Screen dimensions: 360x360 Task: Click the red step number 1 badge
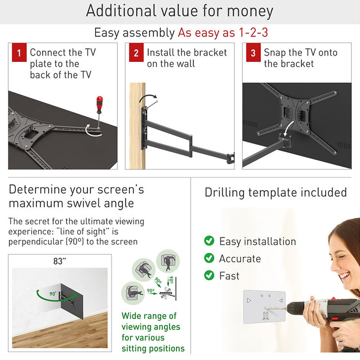[19, 52]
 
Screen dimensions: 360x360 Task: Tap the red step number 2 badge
[136, 52]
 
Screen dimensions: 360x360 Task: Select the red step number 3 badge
[253, 52]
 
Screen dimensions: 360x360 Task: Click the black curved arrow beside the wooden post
[147, 96]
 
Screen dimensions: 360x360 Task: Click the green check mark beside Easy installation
[209, 240]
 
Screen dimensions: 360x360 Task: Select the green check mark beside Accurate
[209, 258]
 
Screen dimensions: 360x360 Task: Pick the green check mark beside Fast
[209, 275]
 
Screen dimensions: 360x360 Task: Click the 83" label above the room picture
[60, 261]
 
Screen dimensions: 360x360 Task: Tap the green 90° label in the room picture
[53, 294]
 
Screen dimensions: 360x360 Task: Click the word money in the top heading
[250, 11]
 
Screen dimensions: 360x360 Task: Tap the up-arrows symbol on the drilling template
[265, 315]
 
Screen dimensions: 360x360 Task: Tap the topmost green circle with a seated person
[168, 261]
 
